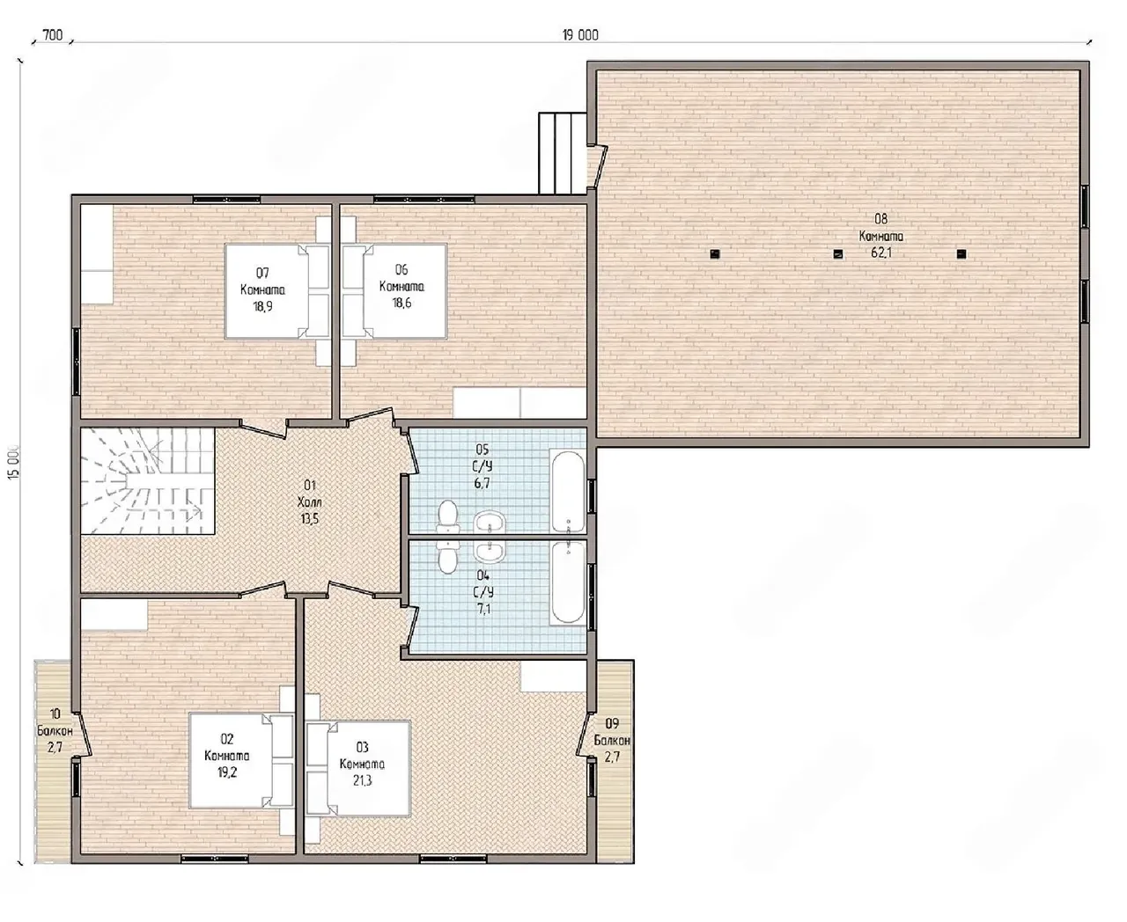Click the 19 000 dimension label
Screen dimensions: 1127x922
pos(580,35)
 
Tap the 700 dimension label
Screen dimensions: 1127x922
pos(52,35)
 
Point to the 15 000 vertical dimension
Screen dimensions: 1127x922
pos(14,462)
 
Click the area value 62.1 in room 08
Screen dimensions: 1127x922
pos(881,252)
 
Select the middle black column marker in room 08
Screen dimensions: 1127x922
pos(838,254)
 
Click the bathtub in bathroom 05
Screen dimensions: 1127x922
pos(568,491)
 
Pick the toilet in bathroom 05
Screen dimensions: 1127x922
pos(448,516)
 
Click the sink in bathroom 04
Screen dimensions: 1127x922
pos(489,552)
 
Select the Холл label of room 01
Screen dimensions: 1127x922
pos(309,501)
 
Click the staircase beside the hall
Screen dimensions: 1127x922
pos(148,480)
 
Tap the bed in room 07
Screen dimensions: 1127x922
pos(276,291)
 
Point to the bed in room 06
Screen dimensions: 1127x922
pos(394,291)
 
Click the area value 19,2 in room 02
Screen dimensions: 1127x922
pos(227,772)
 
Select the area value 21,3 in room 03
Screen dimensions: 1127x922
pos(362,780)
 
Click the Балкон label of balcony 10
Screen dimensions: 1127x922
pos(55,731)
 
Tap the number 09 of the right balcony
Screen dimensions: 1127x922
pos(612,723)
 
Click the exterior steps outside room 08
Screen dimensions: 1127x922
pos(562,153)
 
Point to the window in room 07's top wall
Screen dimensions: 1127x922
pos(226,200)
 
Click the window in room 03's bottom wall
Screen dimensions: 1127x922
pos(453,859)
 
